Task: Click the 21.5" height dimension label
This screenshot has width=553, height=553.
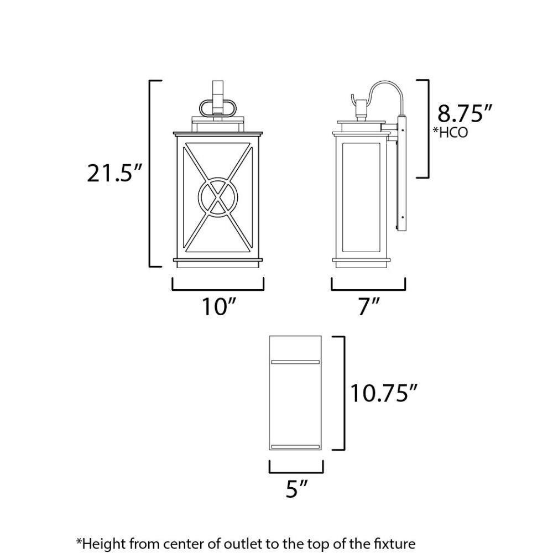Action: [x=114, y=173]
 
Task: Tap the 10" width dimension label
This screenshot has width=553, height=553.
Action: [x=218, y=306]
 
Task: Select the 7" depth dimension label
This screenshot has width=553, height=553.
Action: [x=369, y=306]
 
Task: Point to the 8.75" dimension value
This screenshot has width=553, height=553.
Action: [x=465, y=113]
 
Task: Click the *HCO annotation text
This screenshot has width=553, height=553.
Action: [x=450, y=132]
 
